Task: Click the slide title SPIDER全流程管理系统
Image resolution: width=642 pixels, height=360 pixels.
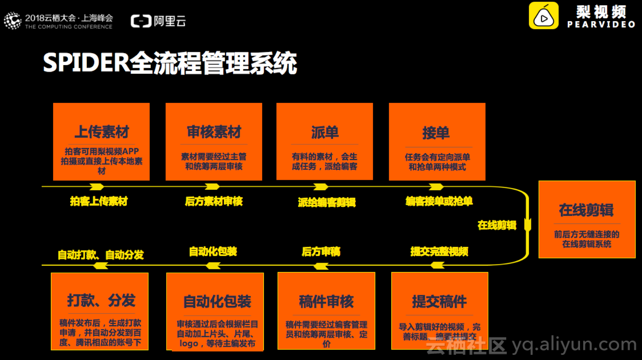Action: (170, 63)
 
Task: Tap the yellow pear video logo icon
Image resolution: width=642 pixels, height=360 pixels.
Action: (543, 16)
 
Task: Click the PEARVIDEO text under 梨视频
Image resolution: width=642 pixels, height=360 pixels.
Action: (601, 25)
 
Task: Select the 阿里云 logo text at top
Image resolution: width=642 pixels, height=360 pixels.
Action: (170, 21)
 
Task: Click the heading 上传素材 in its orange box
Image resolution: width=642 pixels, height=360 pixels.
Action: (101, 132)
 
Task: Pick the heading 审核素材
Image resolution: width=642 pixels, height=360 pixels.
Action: (214, 132)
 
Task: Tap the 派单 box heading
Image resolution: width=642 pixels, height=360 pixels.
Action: (325, 132)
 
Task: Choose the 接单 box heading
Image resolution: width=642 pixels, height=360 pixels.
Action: (436, 133)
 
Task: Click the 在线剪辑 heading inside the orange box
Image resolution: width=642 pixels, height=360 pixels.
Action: (586, 210)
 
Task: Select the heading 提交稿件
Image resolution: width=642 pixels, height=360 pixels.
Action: (439, 301)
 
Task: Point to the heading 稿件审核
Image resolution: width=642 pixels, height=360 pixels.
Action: (326, 301)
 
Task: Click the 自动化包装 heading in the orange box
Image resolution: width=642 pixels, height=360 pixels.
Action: (217, 301)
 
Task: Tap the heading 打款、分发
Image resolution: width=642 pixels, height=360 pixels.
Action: (101, 300)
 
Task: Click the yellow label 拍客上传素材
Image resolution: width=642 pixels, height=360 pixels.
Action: (99, 201)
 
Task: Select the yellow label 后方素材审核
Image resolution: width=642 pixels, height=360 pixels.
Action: (214, 201)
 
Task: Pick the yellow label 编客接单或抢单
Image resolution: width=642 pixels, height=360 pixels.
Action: (439, 201)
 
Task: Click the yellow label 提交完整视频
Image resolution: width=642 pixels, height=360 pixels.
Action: (439, 252)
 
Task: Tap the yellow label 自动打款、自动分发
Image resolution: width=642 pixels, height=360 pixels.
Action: (101, 255)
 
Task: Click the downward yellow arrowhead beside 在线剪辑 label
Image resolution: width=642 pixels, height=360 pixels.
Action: (527, 225)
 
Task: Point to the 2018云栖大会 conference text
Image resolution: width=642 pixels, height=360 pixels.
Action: (69, 18)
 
